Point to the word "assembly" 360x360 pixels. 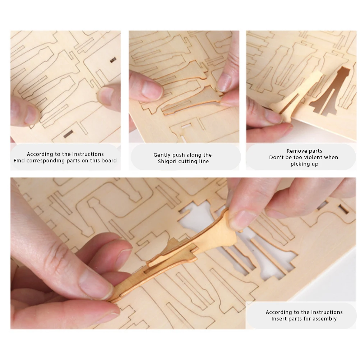(325, 319)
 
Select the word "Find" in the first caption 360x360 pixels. (19, 161)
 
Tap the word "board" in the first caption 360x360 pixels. (109, 161)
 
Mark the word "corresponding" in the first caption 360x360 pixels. (46, 161)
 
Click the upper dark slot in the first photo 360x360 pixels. (113, 60)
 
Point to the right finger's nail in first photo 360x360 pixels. (106, 95)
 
